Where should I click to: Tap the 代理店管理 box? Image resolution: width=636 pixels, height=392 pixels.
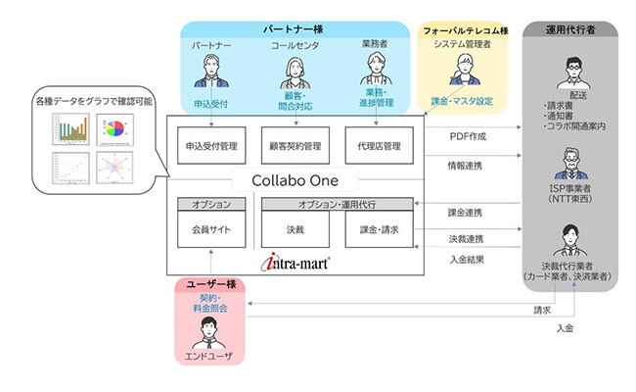click(x=379, y=146)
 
